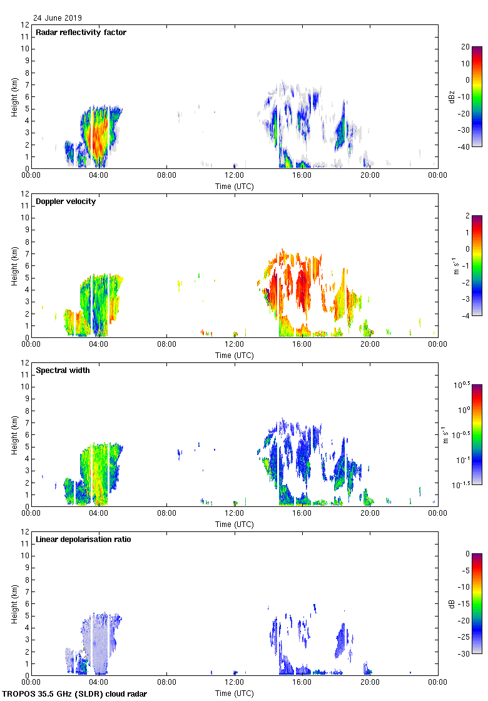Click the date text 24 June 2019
click(x=58, y=18)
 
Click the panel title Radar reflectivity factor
click(x=81, y=33)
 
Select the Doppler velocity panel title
click(x=66, y=202)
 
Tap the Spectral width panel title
click(x=63, y=371)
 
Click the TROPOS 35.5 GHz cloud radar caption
click(x=75, y=694)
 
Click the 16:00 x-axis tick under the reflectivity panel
click(x=302, y=176)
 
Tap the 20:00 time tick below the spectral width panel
click(x=370, y=514)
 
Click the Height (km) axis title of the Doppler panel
click(x=14, y=265)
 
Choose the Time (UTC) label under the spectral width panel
click(x=234, y=524)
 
